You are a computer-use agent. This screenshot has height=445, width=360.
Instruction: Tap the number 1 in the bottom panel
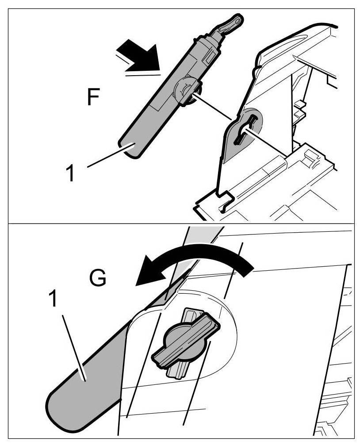[53, 300]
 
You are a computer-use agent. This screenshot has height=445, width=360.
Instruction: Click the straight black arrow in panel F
[141, 56]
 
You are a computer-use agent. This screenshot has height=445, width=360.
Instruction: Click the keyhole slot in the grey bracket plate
[246, 129]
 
